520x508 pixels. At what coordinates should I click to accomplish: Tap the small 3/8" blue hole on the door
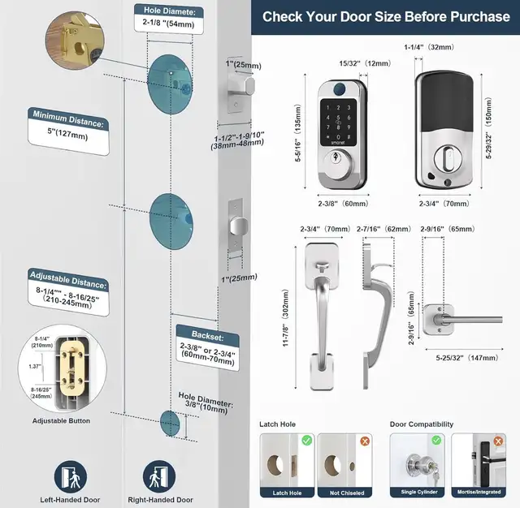(x=171, y=424)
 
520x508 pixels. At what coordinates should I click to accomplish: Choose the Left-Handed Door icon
(x=67, y=475)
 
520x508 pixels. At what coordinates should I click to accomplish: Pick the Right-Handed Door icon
(x=160, y=475)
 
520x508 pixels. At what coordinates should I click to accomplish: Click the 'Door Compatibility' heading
(x=422, y=424)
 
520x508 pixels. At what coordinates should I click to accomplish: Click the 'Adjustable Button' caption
(x=61, y=421)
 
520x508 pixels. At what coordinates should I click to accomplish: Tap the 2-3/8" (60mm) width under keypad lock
(x=344, y=204)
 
